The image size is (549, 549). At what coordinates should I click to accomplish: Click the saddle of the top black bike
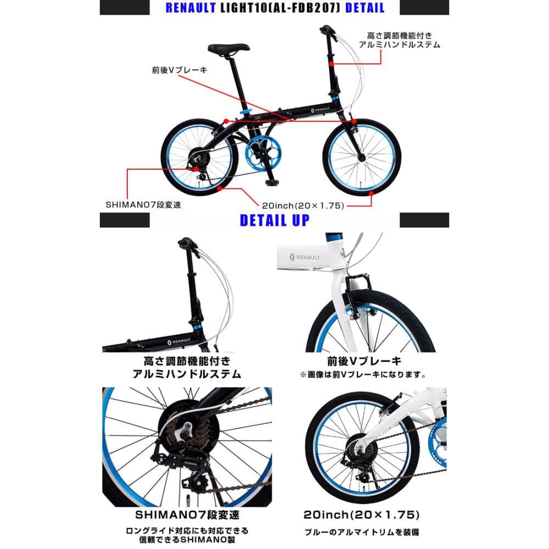228,48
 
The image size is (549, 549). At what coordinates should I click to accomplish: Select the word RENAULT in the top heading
191,8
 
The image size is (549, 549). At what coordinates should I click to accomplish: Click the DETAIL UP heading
274,220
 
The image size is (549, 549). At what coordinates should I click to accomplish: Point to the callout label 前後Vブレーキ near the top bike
180,70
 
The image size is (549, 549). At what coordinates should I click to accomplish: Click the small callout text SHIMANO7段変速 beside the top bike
143,205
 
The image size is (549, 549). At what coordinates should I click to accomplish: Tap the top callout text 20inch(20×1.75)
303,205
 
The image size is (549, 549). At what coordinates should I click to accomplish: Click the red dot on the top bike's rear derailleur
197,169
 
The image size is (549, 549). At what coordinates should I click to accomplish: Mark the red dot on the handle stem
331,64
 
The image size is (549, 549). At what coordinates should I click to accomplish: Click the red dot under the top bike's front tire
371,193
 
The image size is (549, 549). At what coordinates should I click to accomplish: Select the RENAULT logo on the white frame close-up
305,257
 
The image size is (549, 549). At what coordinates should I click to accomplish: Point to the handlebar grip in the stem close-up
186,242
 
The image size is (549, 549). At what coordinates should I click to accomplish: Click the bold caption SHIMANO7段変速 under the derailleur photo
187,515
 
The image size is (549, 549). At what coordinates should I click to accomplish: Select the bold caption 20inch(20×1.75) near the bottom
361,514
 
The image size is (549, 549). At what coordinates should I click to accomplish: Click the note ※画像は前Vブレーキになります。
363,374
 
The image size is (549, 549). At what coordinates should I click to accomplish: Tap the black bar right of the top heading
424,7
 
